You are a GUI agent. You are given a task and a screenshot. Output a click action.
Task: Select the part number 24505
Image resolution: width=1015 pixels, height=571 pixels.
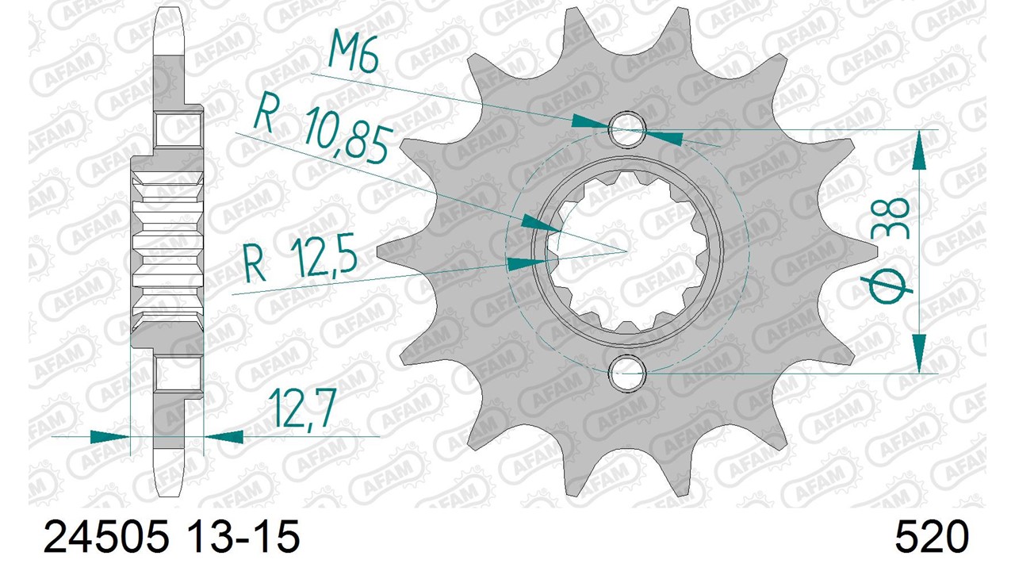106,537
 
